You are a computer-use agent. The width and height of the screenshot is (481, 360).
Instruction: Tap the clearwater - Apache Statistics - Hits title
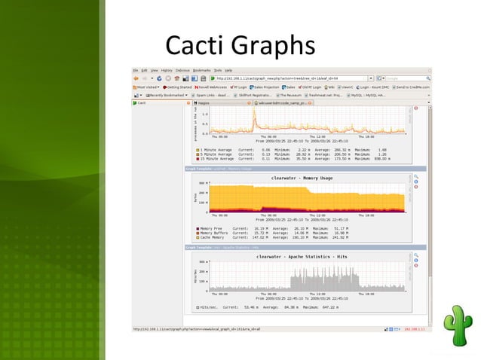301,257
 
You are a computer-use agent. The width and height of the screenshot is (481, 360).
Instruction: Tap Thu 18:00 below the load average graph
365,136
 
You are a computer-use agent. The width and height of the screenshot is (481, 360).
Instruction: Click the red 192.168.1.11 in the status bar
415,329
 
